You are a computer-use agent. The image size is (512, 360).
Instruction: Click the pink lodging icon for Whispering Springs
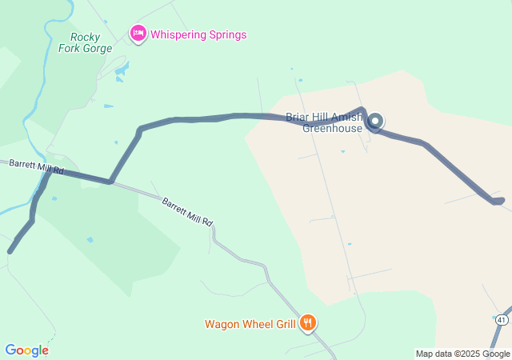138,34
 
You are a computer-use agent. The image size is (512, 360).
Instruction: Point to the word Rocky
86,37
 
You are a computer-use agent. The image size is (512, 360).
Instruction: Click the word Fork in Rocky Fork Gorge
70,48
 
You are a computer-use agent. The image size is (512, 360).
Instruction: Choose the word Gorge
97,48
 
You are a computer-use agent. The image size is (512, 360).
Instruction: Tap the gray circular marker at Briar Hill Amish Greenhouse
374,122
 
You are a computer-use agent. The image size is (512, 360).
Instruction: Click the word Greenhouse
333,128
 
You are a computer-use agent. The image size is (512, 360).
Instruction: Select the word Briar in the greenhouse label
298,117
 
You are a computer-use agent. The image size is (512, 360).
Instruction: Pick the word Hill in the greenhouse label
322,117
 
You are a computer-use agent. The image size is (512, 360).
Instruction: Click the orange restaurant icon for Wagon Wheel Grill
308,323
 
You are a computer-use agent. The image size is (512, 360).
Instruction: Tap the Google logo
26,350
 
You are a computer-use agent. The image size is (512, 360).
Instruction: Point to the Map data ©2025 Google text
462,354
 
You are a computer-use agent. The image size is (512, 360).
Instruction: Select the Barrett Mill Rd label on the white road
187,212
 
